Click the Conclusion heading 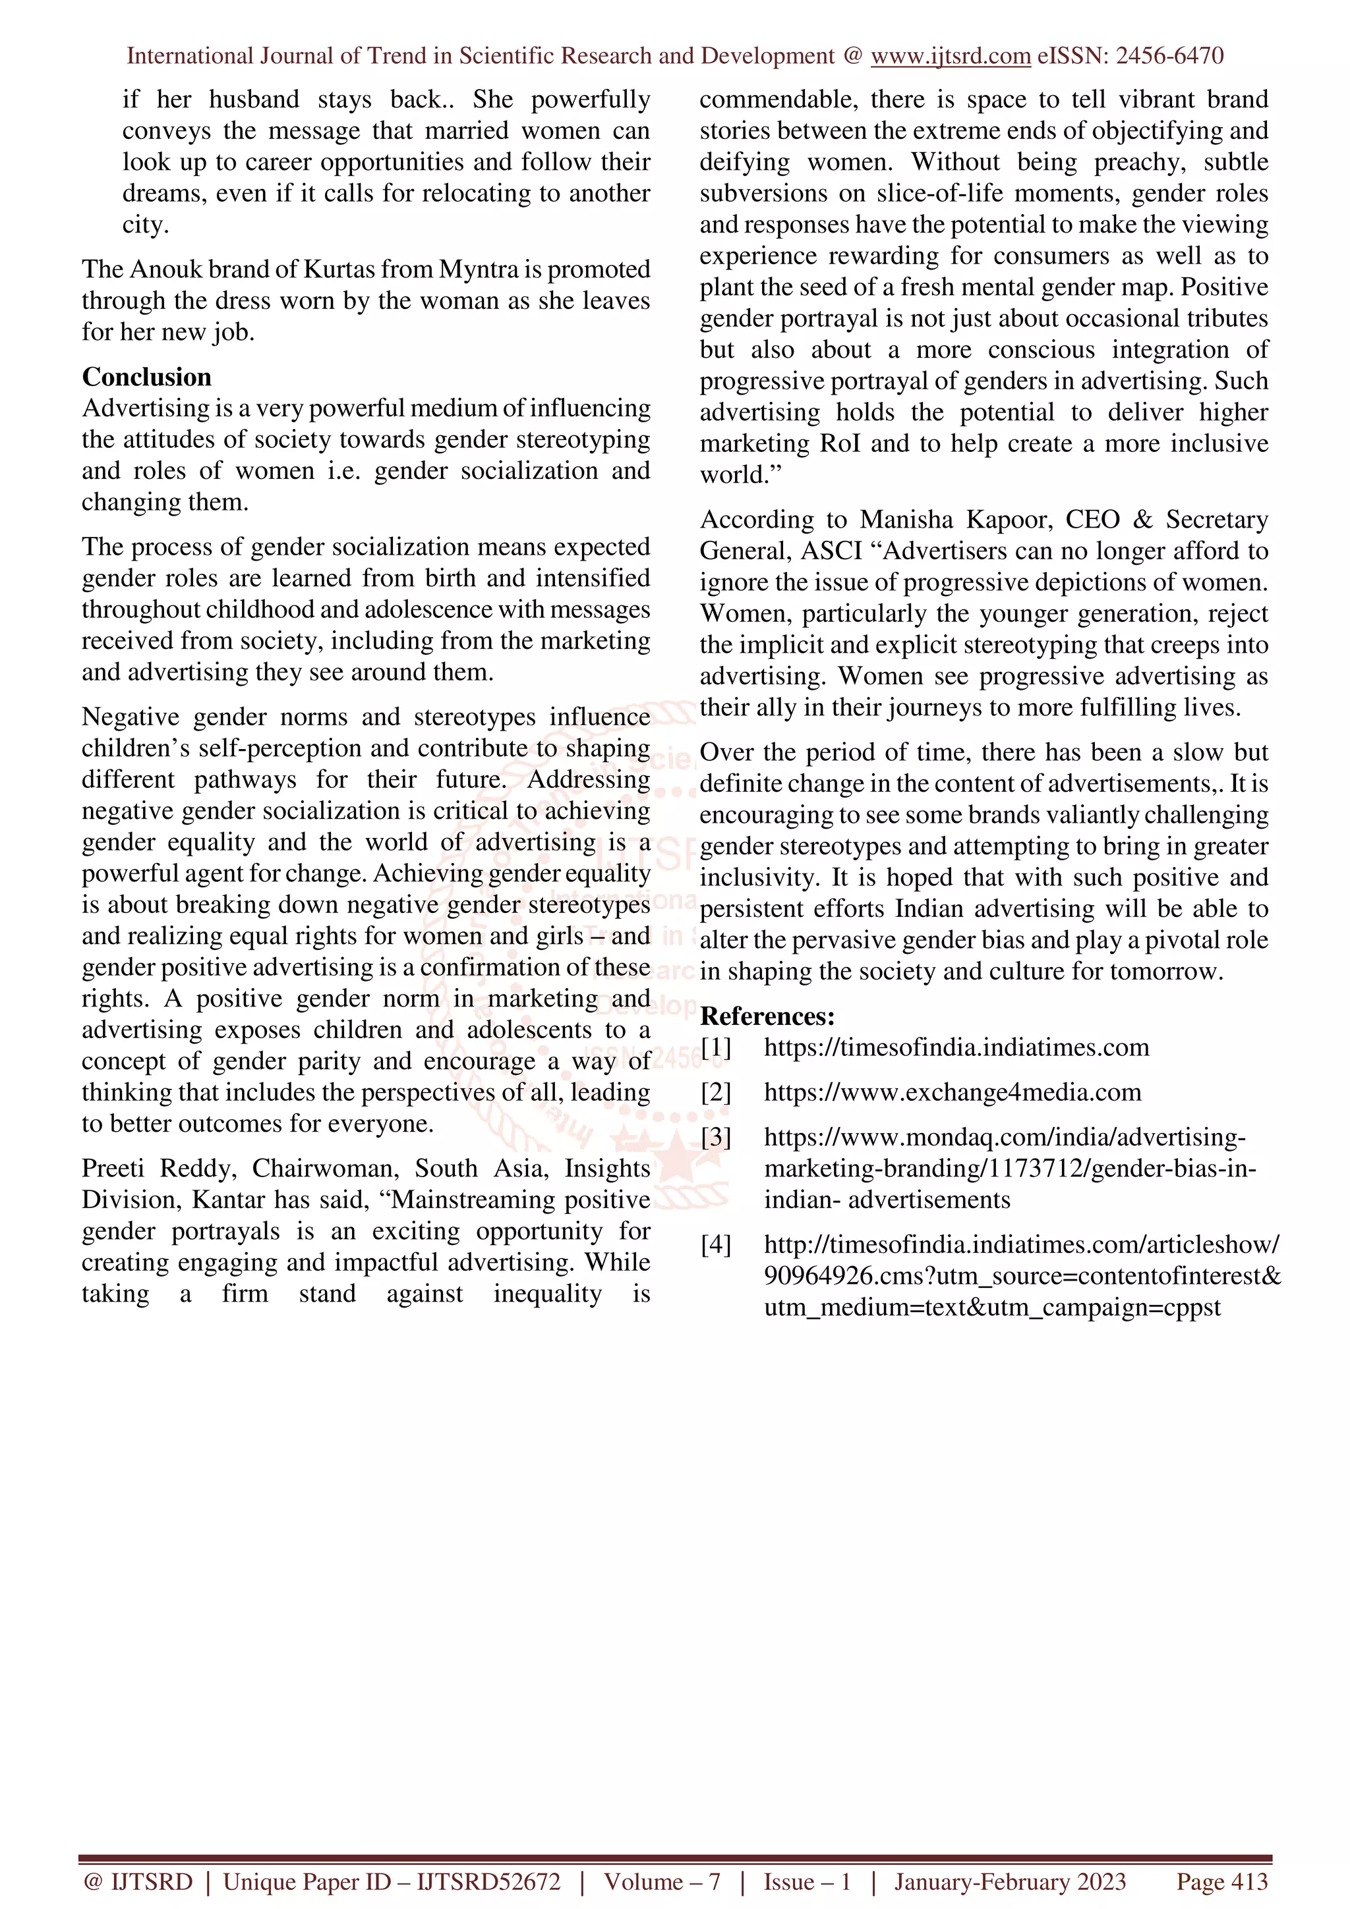pyautogui.click(x=146, y=377)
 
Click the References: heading pyautogui.click(x=767, y=1016)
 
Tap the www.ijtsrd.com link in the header pyautogui.click(x=950, y=56)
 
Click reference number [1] pyautogui.click(x=715, y=1047)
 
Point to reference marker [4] pyautogui.click(x=715, y=1245)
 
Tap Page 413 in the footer pyautogui.click(x=1221, y=1881)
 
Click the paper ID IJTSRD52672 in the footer pyautogui.click(x=488, y=1881)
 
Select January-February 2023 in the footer pyautogui.click(x=1010, y=1881)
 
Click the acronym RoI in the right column pyautogui.click(x=840, y=443)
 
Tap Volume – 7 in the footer pyautogui.click(x=662, y=1881)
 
